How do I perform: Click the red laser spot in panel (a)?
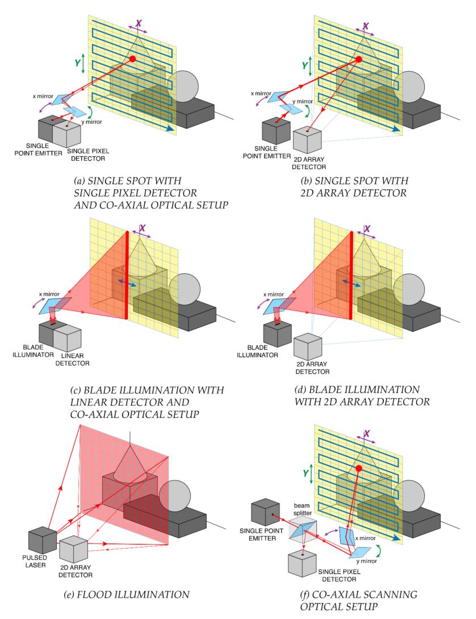tap(132, 59)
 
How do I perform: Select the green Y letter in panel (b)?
tap(305, 66)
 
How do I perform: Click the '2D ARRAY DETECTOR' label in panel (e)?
tap(75, 571)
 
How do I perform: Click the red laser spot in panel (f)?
tap(358, 469)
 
